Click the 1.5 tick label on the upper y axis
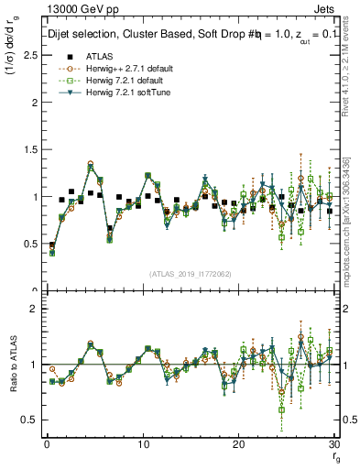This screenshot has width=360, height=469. [27, 149]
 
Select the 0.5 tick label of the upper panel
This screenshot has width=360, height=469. [27, 244]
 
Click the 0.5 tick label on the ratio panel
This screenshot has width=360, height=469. [27, 420]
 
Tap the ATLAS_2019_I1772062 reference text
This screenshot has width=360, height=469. [190, 274]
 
